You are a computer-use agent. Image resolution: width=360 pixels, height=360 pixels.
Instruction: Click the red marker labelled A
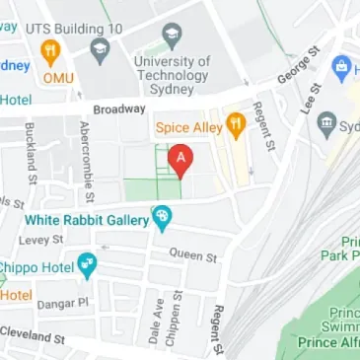(180, 159)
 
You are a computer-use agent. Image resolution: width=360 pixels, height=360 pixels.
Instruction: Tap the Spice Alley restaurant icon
(235, 125)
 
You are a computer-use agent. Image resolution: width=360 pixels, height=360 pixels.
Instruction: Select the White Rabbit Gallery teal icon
(162, 215)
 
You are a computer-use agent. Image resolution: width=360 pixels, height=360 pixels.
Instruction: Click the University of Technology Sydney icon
(172, 38)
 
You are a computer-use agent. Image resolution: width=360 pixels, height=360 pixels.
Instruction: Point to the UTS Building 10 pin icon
(97, 48)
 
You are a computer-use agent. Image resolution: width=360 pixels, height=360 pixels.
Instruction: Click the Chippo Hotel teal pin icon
(87, 264)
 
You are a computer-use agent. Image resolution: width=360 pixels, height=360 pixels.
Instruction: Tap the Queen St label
(192, 254)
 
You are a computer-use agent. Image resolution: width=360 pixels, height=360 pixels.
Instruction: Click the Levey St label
(43, 240)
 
